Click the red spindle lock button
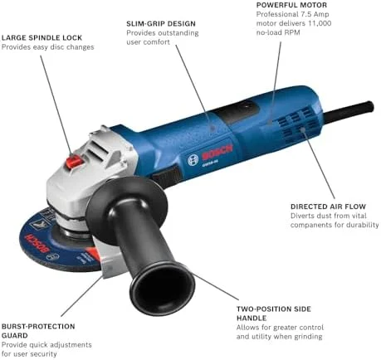[x=74, y=162]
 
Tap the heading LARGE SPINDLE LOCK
[x=42, y=37]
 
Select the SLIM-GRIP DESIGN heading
[x=161, y=23]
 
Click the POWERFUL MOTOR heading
[x=291, y=5]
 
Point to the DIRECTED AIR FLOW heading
[x=328, y=207]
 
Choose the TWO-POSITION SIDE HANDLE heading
[x=274, y=314]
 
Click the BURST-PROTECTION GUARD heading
[x=38, y=331]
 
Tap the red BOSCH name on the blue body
[x=217, y=153]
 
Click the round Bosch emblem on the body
[x=193, y=160]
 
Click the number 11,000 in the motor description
[x=320, y=23]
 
